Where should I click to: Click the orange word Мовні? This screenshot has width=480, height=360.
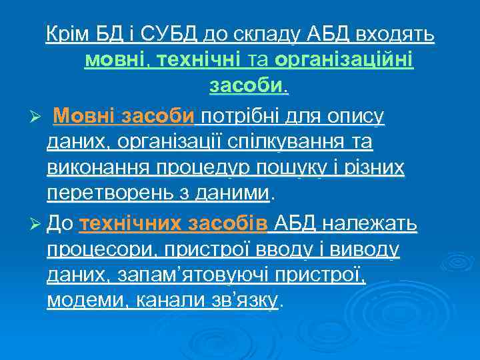pos(83,117)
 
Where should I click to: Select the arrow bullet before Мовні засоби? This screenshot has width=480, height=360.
pos(38,117)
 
